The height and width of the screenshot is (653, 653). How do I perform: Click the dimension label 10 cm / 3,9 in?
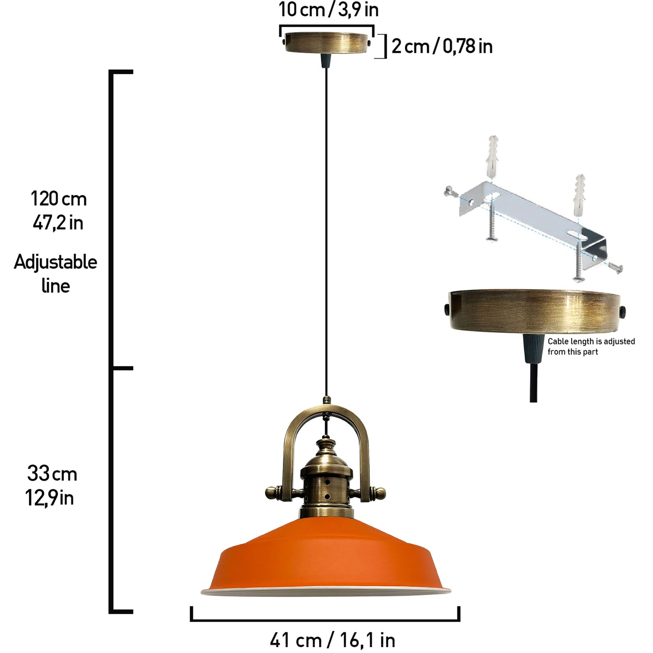[x=329, y=10]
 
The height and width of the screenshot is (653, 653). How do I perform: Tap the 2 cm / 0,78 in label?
[x=442, y=46]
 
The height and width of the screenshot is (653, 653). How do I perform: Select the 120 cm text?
[x=59, y=198]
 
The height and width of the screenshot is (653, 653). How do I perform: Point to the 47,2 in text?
[x=58, y=223]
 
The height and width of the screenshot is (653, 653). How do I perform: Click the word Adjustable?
[x=56, y=263]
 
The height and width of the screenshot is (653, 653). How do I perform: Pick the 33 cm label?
[x=52, y=474]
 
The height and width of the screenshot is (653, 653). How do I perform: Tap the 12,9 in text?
[x=49, y=498]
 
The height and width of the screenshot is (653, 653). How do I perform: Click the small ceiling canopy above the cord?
[x=326, y=42]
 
